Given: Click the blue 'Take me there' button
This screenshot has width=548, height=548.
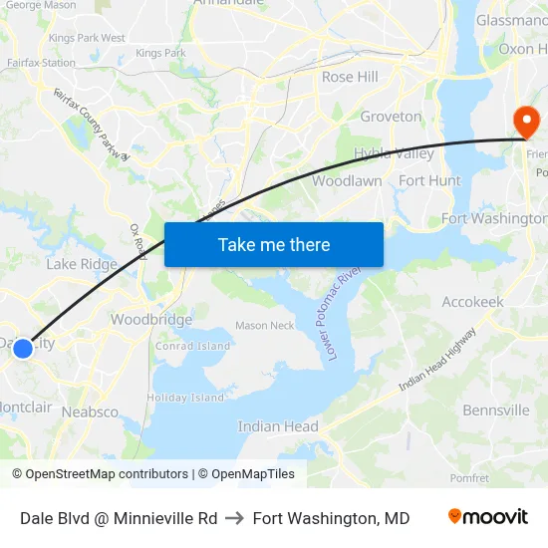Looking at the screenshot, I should click(274, 245).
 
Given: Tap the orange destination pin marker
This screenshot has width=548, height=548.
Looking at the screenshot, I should click(526, 123).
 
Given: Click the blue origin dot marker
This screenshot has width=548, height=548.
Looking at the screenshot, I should click(23, 348).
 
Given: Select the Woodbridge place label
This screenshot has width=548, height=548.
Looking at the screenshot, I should click(151, 320).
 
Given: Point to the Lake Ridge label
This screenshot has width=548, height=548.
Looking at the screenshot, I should click(82, 264).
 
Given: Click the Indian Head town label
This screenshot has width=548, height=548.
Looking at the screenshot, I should click(278, 426).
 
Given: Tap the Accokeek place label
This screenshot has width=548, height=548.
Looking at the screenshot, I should click(472, 302).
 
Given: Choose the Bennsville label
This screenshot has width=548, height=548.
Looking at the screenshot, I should click(496, 410).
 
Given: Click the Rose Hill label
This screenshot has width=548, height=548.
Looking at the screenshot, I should click(350, 77).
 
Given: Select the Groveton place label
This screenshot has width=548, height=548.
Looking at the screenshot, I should click(391, 117).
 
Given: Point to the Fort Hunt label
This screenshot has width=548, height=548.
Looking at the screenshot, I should click(429, 180).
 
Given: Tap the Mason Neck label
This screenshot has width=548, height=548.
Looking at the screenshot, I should click(264, 325).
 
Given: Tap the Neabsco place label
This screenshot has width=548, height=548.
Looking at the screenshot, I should click(90, 411).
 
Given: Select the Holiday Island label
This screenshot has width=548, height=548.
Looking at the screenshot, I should click(185, 398).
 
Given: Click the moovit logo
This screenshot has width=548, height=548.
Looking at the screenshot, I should click(487, 517).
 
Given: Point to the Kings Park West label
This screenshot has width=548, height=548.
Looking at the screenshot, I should click(87, 38).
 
